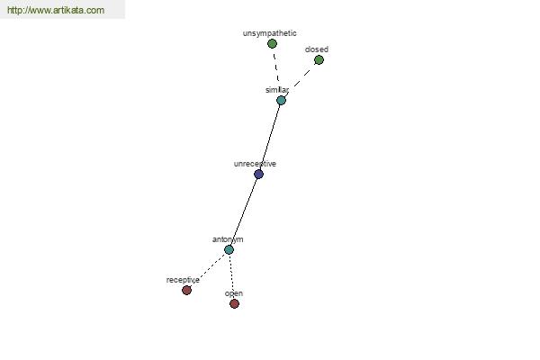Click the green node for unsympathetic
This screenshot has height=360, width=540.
point(272,44)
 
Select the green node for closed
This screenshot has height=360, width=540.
point(319,60)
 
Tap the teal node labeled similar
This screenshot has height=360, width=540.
point(281,100)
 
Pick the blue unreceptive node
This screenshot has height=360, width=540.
point(258,174)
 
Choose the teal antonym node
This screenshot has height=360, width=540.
point(229,249)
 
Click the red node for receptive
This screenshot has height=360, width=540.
point(186,290)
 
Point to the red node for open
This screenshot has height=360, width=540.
point(234,303)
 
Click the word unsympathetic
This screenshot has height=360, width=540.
point(270,33)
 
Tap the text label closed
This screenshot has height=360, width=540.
point(317,49)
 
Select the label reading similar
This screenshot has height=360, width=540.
point(277,90)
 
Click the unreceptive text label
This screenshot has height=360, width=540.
point(255,164)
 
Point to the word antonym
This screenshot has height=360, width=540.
point(228,239)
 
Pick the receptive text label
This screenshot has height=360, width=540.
point(183,280)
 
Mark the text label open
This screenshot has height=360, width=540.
point(234,293)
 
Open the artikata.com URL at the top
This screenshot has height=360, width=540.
point(56,10)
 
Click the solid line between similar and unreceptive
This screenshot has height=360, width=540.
point(270,137)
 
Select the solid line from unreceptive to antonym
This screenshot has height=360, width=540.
point(244,211)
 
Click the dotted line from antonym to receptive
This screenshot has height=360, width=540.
point(208,270)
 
